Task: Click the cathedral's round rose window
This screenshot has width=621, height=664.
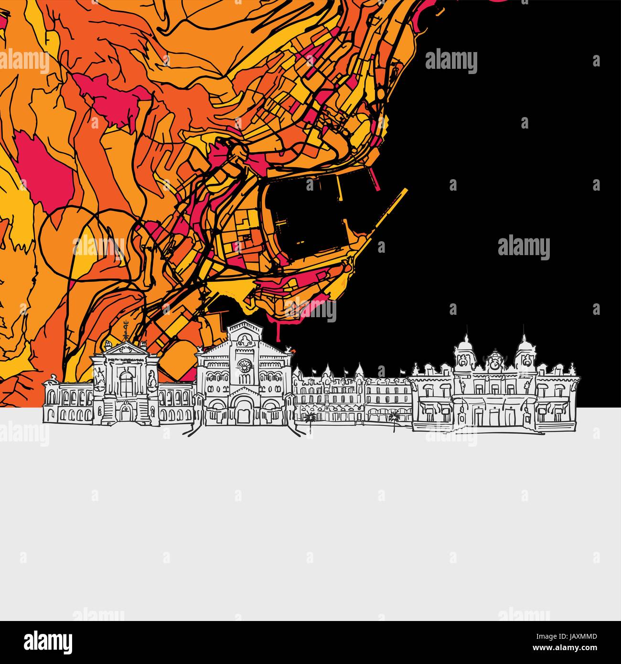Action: tap(246, 366)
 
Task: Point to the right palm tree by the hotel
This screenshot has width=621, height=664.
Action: tap(395, 418)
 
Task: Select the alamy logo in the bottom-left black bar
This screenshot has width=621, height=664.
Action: tap(48, 642)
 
